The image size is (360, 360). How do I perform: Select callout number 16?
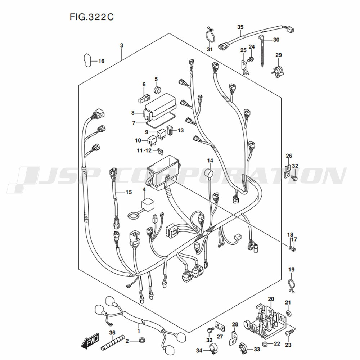(x=101, y=61)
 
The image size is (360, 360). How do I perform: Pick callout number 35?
(x=240, y=27)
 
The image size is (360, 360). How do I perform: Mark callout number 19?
(x=291, y=270)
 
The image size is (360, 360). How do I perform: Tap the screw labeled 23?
(x=288, y=334)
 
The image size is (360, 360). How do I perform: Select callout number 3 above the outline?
(x=122, y=46)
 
